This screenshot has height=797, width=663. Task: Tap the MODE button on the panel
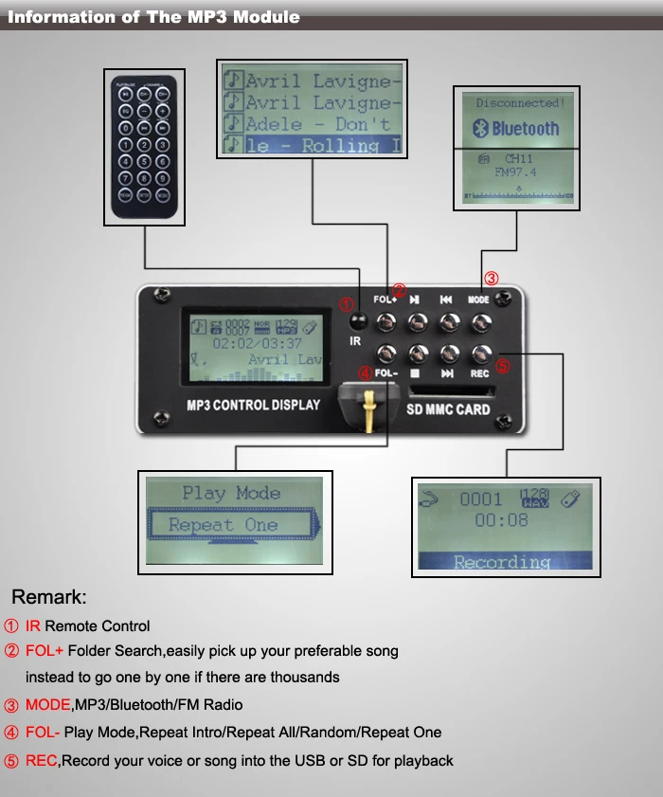click(480, 322)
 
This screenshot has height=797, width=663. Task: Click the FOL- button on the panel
click(385, 354)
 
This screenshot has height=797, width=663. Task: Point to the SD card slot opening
click(447, 390)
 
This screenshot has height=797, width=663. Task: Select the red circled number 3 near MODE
click(491, 279)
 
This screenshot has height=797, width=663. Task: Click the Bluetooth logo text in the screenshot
click(517, 129)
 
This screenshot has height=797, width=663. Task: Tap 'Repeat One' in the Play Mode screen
click(224, 525)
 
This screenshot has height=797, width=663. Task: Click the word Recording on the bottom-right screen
click(501, 561)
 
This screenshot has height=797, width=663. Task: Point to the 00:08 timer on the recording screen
click(501, 520)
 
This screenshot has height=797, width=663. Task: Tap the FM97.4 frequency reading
click(515, 172)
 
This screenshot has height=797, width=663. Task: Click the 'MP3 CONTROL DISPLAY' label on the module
click(253, 405)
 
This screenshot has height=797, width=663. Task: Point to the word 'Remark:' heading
click(48, 597)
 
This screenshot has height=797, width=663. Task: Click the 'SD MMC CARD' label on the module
click(448, 409)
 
